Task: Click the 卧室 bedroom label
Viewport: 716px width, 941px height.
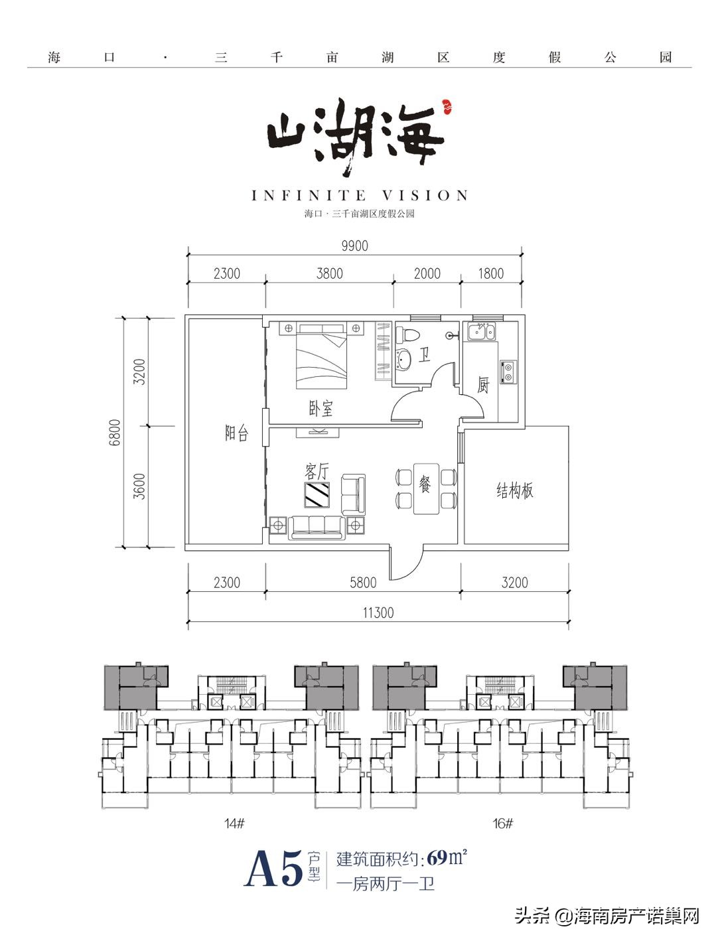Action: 321,408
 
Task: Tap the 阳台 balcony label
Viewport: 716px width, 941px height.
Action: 236,434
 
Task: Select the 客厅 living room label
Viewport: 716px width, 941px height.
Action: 317,471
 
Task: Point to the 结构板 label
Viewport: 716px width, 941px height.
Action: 515,491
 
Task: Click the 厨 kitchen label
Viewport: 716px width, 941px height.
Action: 483,384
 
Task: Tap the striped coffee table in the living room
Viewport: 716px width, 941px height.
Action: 317,494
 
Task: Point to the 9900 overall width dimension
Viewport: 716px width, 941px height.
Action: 354,246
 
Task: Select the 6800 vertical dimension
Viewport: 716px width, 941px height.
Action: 115,432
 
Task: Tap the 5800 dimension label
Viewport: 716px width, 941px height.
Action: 362,583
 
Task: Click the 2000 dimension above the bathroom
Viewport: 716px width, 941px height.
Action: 427,273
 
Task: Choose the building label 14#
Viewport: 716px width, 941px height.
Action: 234,824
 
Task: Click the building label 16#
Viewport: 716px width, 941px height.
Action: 502,824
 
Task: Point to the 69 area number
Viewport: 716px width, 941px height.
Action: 437,857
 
